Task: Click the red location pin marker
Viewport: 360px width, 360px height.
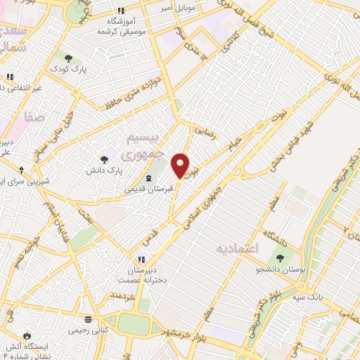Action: pyautogui.click(x=181, y=165)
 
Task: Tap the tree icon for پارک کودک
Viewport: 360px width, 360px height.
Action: pyautogui.click(x=68, y=58)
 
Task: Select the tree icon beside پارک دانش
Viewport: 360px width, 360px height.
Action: pyautogui.click(x=105, y=160)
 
